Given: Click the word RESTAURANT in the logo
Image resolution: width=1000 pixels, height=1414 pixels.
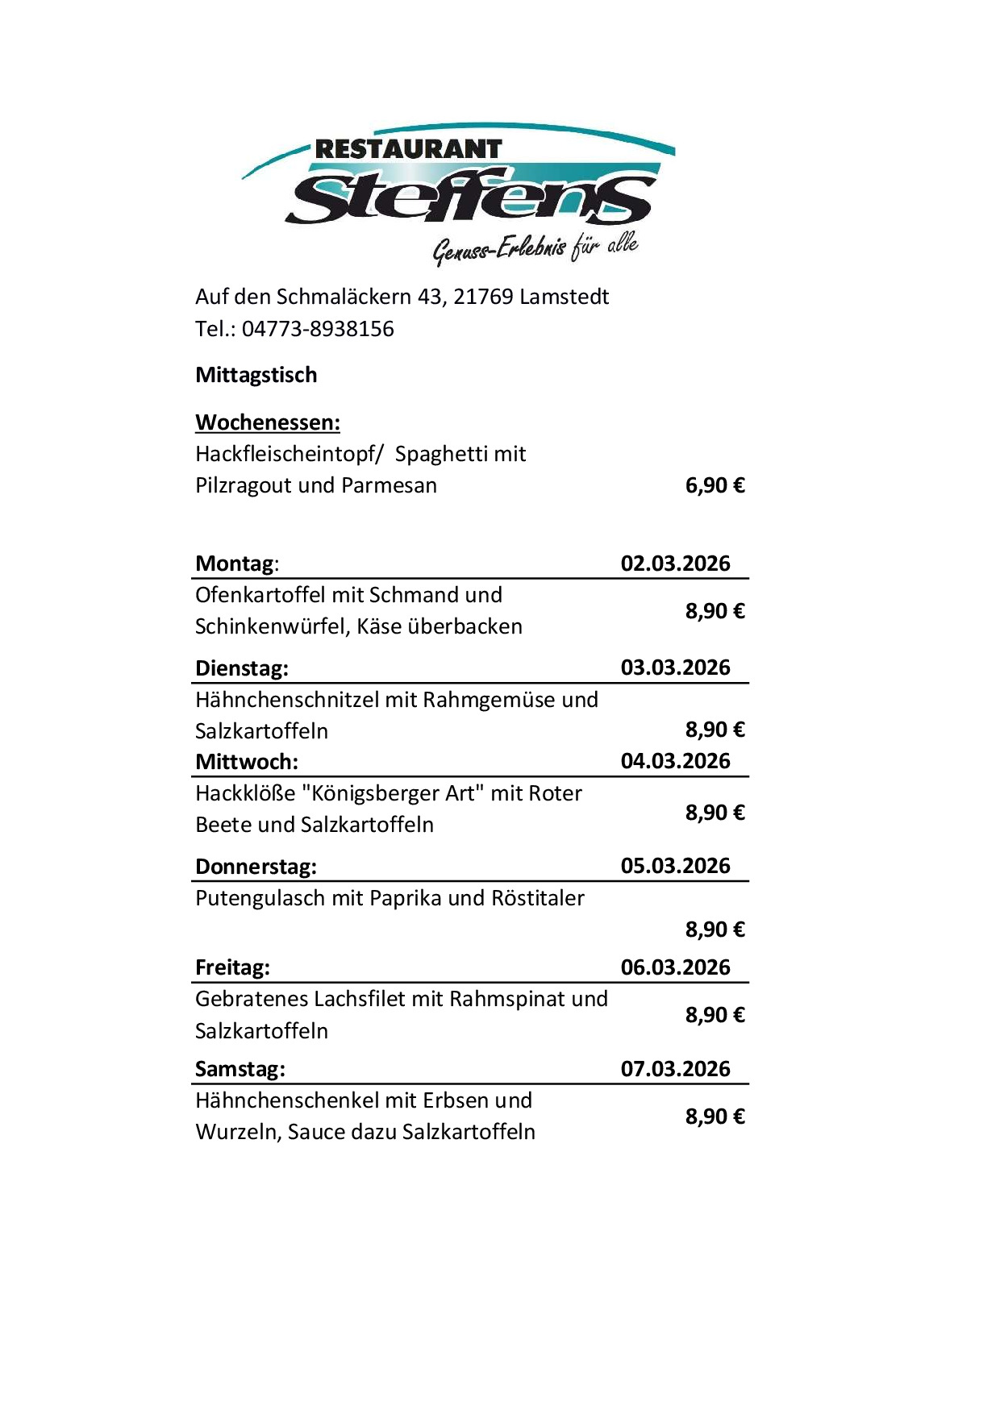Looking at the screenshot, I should point(408,149).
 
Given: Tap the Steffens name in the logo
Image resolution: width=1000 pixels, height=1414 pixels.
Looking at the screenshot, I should point(470,196).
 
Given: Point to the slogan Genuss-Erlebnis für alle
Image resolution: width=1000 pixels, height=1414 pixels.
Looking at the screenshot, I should point(535,247).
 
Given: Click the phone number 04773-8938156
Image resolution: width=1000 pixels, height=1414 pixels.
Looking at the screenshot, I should point(318,329).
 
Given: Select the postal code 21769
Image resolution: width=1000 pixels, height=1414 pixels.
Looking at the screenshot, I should point(483,297).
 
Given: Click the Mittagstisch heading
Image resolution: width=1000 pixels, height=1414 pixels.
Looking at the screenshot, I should point(256,375).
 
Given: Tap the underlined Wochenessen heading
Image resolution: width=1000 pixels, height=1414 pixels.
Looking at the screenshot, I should point(268,422).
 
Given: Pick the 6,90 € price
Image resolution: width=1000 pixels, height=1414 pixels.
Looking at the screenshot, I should point(715,485).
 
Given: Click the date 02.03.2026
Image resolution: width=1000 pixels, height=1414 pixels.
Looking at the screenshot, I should point(675,563).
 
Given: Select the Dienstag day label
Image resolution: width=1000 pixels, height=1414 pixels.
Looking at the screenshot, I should point(241,668).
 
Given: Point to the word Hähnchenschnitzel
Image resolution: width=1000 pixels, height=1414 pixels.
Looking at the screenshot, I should point(286,700).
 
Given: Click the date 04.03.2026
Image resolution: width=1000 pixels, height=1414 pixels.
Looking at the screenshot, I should point(675,761).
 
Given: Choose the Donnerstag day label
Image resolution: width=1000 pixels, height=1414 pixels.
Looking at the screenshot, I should point(256,867).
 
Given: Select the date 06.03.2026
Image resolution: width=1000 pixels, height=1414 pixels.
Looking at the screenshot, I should point(675,967).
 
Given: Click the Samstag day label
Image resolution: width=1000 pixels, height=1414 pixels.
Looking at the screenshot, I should point(240,1069).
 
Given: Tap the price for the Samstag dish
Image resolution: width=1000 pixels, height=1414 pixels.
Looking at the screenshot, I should point(715,1117).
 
